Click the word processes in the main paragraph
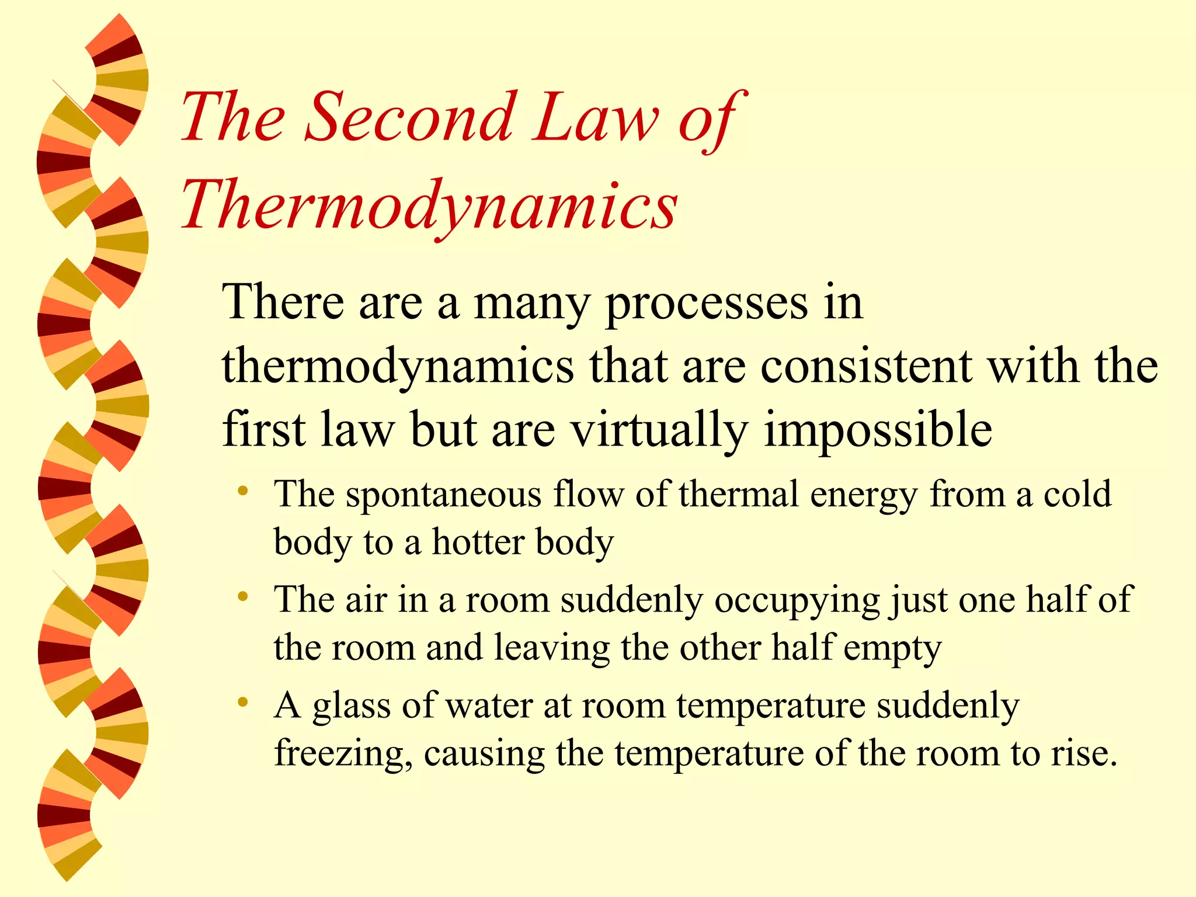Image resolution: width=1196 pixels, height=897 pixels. pyautogui.click(x=707, y=304)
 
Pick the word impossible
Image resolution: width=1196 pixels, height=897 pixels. pyautogui.click(x=878, y=430)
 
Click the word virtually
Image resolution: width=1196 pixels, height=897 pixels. pyautogui.click(x=660, y=430)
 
